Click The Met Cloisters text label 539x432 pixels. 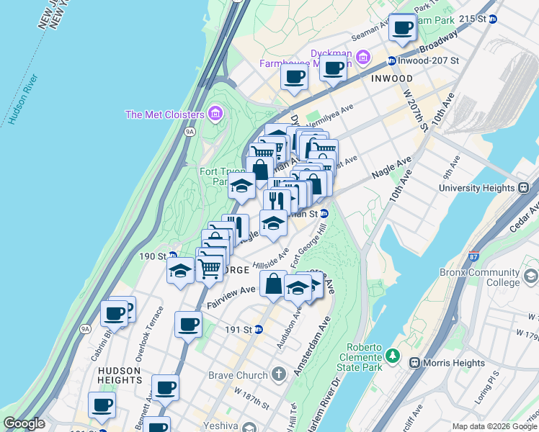(165, 114)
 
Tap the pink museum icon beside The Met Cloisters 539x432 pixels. (214, 113)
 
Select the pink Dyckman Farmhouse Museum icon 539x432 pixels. (362, 56)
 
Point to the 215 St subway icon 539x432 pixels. (493, 19)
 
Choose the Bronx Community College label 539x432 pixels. (478, 278)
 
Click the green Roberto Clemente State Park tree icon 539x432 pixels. (393, 355)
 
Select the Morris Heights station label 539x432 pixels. (444, 362)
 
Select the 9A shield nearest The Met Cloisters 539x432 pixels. (190, 132)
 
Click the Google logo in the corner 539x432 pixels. (24, 423)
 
